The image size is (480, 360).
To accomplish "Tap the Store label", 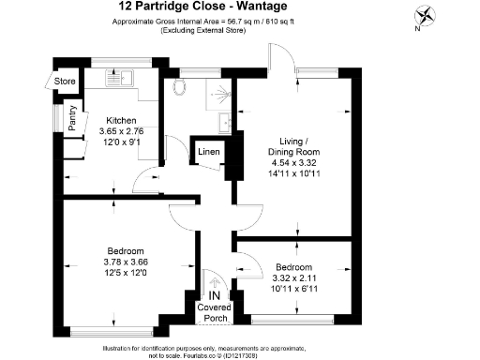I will click(65, 82).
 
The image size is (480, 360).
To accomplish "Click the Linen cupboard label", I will click(208, 150).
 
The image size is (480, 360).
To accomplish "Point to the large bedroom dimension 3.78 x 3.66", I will click(126, 262).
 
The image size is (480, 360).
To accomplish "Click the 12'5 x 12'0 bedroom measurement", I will click(126, 273).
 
